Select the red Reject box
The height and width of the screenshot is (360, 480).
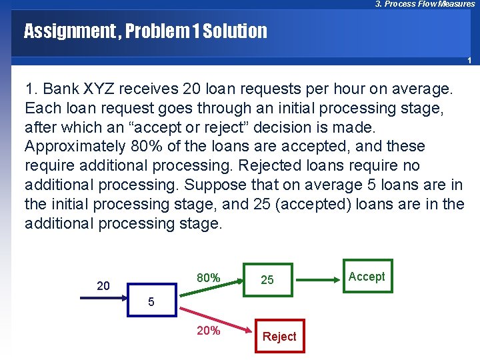pyautogui.click(x=279, y=337)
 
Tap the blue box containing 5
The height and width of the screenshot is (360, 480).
pyautogui.click(x=151, y=301)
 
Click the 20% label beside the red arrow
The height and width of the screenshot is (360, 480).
pyautogui.click(x=208, y=330)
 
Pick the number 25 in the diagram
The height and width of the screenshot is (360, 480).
pyautogui.click(x=267, y=280)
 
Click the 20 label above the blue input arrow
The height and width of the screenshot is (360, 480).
pyautogui.click(x=103, y=286)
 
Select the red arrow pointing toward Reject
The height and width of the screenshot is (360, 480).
pyautogui.click(x=213, y=318)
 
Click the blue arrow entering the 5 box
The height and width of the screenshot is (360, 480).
pyautogui.click(x=103, y=299)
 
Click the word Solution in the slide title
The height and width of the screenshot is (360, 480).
pyautogui.click(x=235, y=31)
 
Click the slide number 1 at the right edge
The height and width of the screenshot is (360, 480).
pyautogui.click(x=469, y=61)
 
